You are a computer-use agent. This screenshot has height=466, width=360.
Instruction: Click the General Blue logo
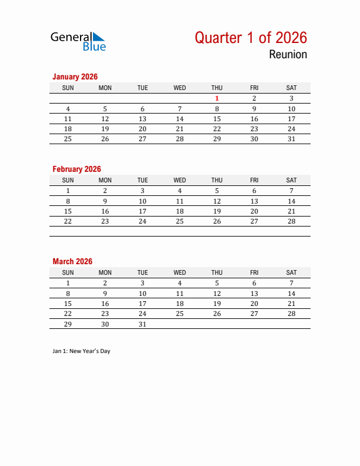(78, 41)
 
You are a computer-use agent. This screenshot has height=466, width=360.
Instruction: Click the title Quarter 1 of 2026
(251, 38)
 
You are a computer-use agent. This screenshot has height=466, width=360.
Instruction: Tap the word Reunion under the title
(288, 55)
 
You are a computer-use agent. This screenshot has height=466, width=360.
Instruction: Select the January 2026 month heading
(75, 76)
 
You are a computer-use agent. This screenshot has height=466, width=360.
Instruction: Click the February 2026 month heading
(76, 169)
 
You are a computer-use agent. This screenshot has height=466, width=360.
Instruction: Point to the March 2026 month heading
(72, 261)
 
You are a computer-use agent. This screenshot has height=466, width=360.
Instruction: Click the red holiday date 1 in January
(217, 98)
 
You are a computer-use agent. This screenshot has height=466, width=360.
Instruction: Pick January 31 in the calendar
(291, 139)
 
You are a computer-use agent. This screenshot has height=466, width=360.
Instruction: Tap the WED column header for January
(179, 88)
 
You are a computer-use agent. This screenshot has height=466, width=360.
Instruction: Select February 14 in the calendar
(291, 201)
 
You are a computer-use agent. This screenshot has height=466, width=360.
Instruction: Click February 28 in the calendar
(291, 221)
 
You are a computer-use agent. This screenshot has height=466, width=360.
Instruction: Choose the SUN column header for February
(68, 180)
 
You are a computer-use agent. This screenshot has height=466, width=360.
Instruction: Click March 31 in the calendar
(142, 324)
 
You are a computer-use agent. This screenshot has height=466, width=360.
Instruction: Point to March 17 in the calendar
(142, 304)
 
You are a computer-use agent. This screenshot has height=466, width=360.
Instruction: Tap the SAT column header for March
(291, 272)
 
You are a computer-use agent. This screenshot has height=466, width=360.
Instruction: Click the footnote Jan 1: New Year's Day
(81, 351)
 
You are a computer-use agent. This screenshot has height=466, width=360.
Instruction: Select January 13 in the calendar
(142, 119)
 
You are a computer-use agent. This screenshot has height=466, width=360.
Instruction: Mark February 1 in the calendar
(68, 191)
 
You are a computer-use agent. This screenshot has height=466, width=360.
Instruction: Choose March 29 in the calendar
(68, 324)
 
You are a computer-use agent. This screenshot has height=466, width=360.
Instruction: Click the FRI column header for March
(254, 272)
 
